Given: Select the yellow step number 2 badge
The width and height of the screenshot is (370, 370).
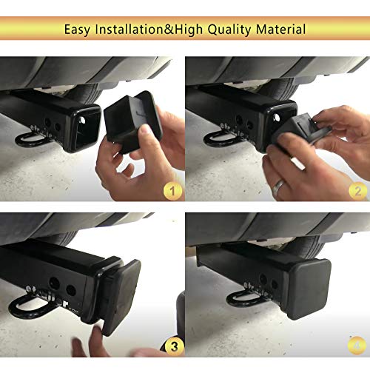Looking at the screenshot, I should [x=357, y=191].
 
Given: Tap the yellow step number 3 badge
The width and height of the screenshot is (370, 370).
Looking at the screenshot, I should [x=172, y=344].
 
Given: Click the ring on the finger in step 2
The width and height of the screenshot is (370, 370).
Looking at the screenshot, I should [x=277, y=188].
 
